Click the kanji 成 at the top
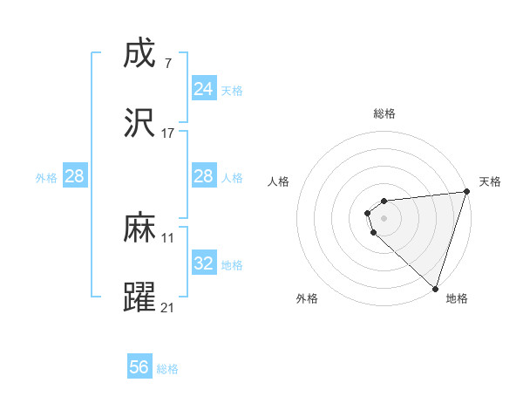click(x=140, y=54)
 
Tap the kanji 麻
click(x=140, y=229)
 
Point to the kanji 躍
click(x=140, y=297)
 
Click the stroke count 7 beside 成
click(x=167, y=63)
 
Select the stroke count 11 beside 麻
click(x=167, y=237)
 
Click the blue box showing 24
click(x=203, y=88)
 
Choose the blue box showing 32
click(x=203, y=263)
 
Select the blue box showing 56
click(x=139, y=367)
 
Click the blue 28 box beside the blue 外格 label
click(x=74, y=176)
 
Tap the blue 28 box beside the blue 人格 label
click(x=203, y=176)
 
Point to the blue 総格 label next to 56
click(x=167, y=369)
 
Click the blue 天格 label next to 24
click(x=232, y=90)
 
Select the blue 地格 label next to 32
click(x=232, y=265)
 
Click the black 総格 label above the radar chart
click(x=384, y=113)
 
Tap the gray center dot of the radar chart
click(x=384, y=218)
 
